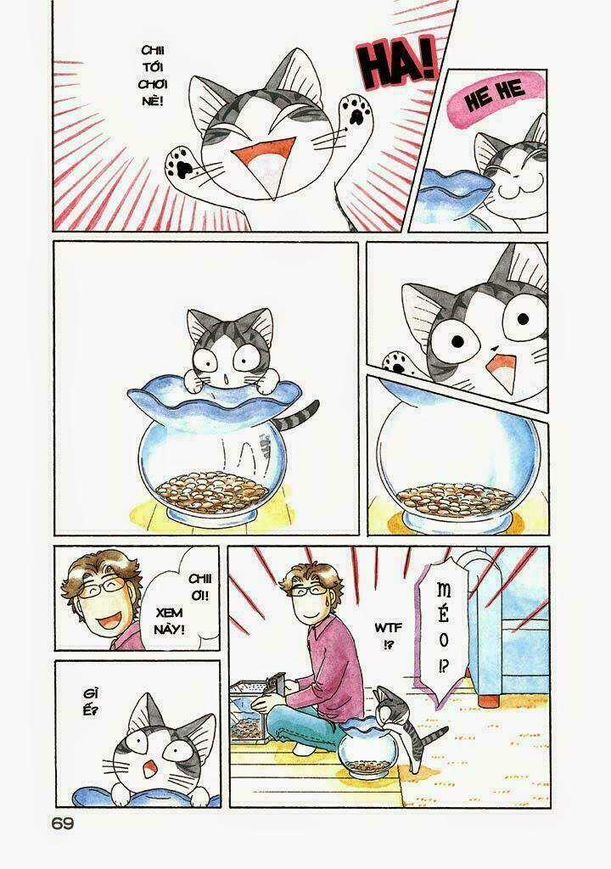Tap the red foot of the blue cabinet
[489, 701]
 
